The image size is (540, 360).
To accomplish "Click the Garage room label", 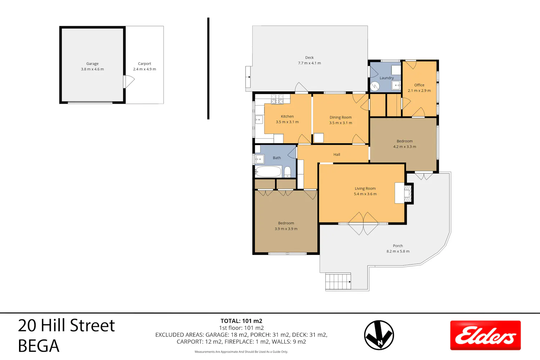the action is [92, 64].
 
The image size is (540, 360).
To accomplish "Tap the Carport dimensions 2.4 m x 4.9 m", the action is [144, 69].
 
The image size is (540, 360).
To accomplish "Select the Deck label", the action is [309, 58].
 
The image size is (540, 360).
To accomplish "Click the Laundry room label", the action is [387, 78].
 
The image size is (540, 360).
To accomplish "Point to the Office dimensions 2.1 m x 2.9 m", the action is [419, 91].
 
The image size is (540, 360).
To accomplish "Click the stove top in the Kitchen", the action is [277, 99].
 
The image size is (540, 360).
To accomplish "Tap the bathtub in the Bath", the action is [268, 172].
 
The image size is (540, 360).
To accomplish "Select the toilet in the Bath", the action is [287, 172].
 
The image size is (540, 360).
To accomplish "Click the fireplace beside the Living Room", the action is [408, 193].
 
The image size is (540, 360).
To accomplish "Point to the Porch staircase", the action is [338, 281].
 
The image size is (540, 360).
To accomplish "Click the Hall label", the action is [337, 154].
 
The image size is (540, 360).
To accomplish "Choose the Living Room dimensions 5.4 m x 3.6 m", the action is [365, 194].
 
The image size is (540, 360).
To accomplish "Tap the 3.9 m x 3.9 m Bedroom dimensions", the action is [286, 229].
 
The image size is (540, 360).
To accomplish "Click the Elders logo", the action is [486, 335].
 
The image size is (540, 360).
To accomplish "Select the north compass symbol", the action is [379, 335].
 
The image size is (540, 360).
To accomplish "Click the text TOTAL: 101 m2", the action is [241, 321].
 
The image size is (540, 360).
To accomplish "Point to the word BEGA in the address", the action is [39, 346].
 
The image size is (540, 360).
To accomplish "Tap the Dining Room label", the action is [341, 117].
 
